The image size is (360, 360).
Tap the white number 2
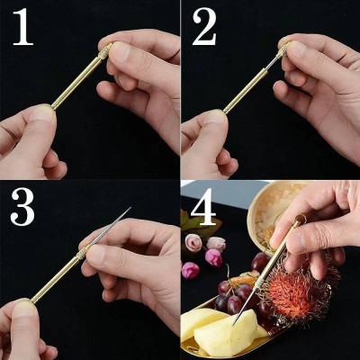[204, 28]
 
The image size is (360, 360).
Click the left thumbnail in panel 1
[40, 114]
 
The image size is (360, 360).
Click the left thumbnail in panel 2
[216, 117]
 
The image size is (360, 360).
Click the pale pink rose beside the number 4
[193, 241]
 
